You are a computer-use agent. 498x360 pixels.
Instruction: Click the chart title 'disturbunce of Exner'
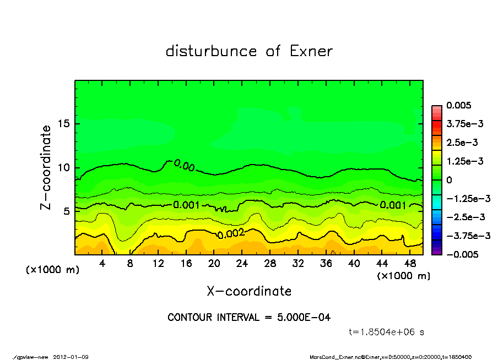(x=249, y=51)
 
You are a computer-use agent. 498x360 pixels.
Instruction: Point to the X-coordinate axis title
(x=249, y=291)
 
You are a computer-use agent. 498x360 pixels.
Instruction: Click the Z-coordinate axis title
(x=46, y=167)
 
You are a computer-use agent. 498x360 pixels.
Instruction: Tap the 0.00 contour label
(x=184, y=165)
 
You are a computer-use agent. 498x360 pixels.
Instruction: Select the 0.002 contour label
(x=231, y=233)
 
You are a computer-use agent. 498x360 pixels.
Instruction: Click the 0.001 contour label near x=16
(x=187, y=205)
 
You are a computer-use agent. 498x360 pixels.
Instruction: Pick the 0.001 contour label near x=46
(x=393, y=205)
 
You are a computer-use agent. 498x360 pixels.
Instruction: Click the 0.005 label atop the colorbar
(x=460, y=105)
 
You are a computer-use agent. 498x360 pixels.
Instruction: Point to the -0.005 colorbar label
(x=462, y=254)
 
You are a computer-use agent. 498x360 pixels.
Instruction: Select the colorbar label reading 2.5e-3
(x=462, y=143)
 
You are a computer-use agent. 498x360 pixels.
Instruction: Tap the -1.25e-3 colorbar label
(x=465, y=198)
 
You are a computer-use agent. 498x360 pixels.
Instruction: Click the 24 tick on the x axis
(x=242, y=263)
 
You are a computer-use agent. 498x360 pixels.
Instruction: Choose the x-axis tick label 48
(x=410, y=263)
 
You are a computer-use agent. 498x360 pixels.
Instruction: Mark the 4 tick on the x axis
(x=102, y=263)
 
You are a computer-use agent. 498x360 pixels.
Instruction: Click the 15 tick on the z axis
(x=63, y=123)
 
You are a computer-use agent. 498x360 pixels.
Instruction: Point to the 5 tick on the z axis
(x=66, y=211)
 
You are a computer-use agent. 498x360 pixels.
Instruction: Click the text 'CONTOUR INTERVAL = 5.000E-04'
(x=249, y=318)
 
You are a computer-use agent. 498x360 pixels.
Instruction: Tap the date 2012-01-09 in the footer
(x=71, y=357)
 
